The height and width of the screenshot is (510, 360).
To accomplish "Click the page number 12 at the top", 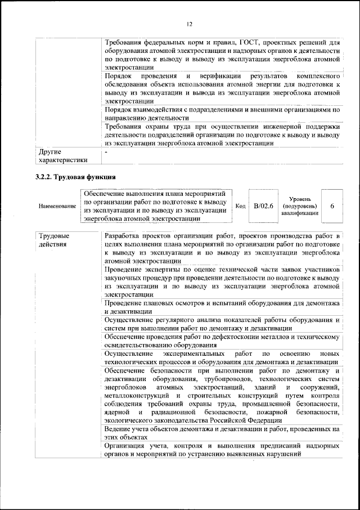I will [189, 24].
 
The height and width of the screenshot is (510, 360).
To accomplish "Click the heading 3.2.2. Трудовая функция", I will [76, 177].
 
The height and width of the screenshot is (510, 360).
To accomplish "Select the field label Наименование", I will [57, 207].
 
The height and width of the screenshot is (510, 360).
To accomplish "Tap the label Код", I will [240, 207].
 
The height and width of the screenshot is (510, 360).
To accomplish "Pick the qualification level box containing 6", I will [332, 207].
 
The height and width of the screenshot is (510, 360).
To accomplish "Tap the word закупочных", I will [123, 278].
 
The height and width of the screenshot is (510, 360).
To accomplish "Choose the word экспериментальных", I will [194, 353].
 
